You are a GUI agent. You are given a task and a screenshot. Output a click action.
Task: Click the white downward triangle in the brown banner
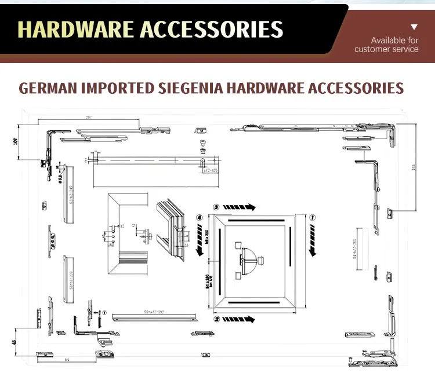414,27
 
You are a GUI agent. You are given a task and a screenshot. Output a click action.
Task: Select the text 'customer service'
386,49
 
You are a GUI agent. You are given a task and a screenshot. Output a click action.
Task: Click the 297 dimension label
89,118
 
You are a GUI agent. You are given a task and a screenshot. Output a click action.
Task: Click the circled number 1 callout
312,218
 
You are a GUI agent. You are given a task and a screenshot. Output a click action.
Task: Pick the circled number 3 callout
216,206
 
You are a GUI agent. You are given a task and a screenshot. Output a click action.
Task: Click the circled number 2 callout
216,319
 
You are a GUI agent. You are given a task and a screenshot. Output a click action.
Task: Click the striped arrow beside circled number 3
239,206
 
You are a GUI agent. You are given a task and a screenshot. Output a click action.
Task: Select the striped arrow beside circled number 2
239,319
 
